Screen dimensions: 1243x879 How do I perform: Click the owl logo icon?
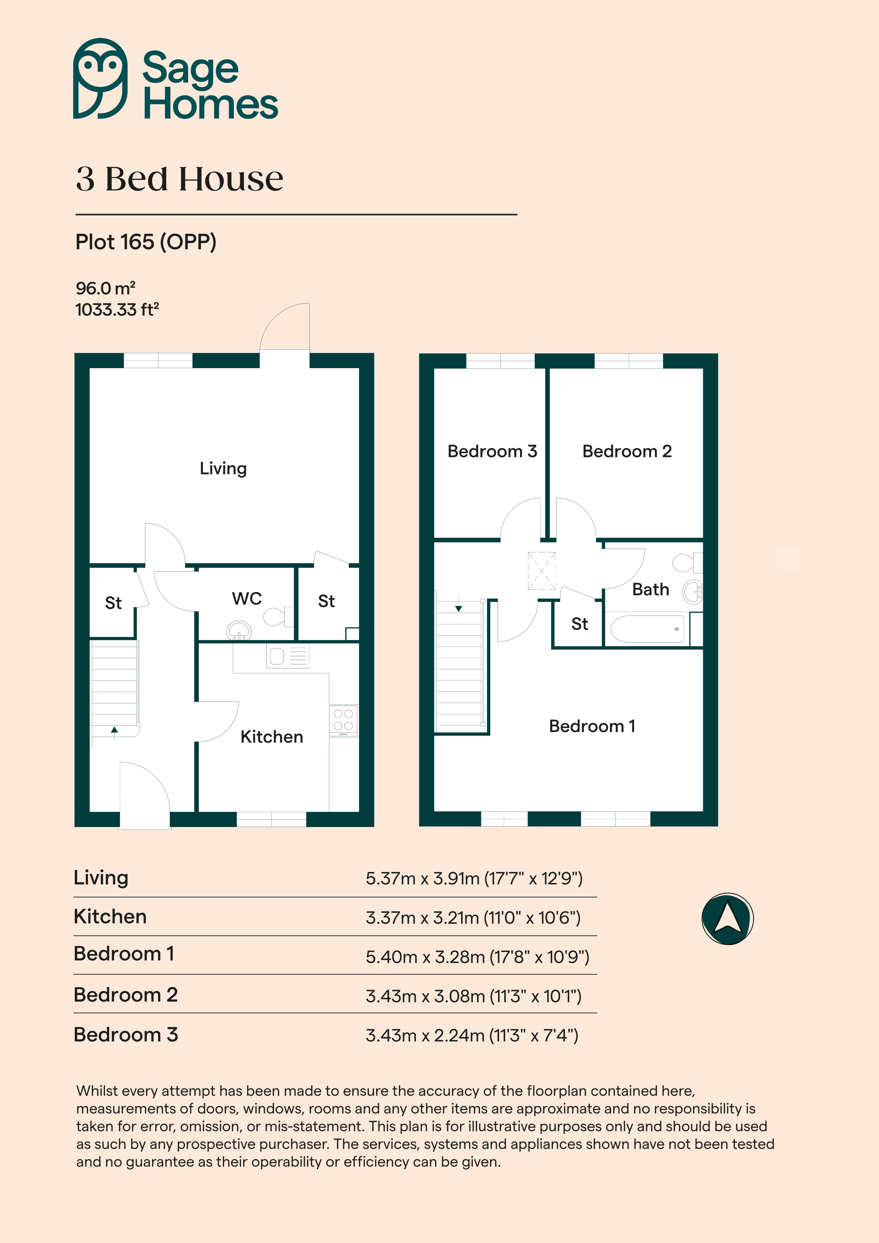tap(100, 79)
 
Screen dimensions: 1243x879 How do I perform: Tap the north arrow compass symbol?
tap(727, 919)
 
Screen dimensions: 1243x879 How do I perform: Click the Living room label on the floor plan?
tap(223, 468)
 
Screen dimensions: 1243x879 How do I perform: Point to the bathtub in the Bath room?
tap(647, 629)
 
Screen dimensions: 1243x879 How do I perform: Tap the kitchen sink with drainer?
tap(287, 657)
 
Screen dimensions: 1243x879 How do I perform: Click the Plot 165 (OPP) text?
tap(146, 242)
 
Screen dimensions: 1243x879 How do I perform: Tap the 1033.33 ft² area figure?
tap(117, 310)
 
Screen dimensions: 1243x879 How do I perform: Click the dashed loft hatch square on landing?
tap(542, 570)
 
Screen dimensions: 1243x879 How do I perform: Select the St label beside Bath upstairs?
tap(580, 624)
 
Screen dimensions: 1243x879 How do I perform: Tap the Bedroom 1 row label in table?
tap(124, 954)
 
